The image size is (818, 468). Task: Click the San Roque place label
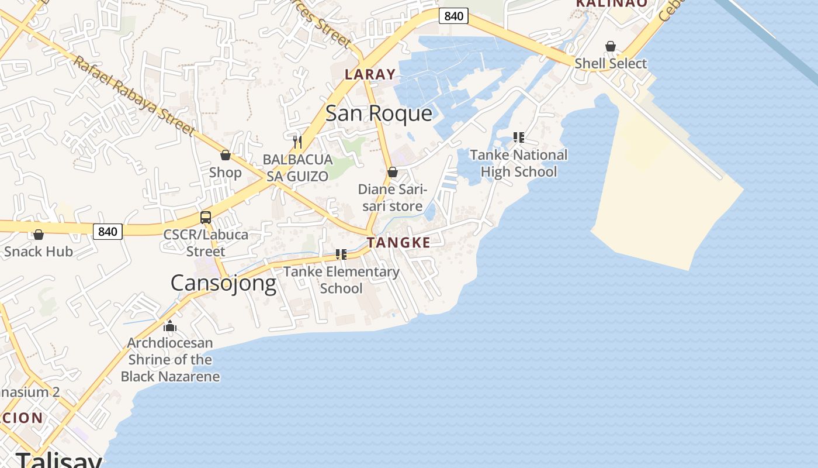point(379,113)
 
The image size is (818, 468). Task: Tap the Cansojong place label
point(223,283)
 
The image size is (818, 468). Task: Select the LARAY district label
point(370,74)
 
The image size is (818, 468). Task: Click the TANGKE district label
point(398,243)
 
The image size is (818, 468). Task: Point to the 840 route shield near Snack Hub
point(108,232)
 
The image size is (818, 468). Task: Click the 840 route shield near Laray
point(453,16)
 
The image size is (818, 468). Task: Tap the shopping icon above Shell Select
point(611,46)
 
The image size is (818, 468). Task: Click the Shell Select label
point(611,63)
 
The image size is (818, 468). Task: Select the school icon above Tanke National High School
point(518,137)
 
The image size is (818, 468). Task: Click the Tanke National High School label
point(518,163)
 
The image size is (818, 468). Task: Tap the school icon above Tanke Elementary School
point(341,254)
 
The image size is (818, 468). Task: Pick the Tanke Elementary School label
point(341,280)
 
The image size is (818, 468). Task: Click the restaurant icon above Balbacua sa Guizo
point(297,142)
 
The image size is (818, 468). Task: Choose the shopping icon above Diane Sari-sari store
point(393,172)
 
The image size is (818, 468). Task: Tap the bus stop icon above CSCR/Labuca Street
point(206,218)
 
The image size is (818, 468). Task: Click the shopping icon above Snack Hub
point(39,235)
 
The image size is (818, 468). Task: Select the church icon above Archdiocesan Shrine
point(170,325)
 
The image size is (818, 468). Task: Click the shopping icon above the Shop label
point(226,155)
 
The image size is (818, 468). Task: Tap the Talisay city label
point(58,460)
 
